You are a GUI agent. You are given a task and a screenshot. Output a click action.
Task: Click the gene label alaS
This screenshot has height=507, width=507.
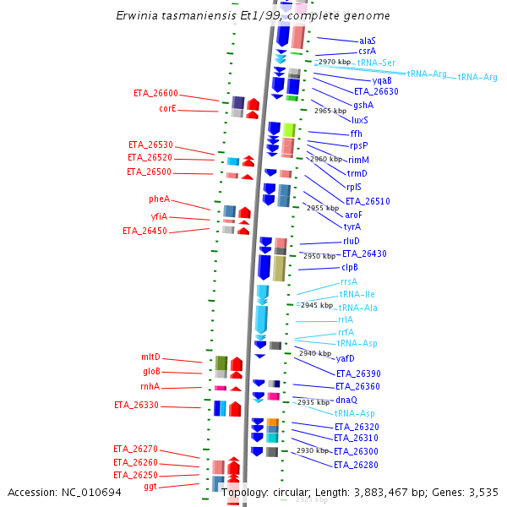(x=367, y=41)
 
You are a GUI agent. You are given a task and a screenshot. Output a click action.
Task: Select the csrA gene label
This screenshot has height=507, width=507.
(x=367, y=52)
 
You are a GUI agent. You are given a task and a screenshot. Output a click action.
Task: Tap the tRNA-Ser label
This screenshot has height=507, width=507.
(x=376, y=63)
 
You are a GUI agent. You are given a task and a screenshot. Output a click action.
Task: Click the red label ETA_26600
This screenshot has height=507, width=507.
(x=155, y=93)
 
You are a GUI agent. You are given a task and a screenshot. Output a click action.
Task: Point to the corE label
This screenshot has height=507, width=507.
(x=167, y=108)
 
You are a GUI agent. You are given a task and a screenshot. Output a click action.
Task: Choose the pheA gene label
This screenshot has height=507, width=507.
(x=159, y=199)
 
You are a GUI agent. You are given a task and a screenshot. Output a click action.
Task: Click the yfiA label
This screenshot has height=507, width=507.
(x=159, y=216)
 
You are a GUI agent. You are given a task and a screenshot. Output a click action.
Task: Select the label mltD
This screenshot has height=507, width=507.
(x=150, y=357)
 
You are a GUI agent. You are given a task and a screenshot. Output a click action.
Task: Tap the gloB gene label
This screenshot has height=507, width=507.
(x=151, y=372)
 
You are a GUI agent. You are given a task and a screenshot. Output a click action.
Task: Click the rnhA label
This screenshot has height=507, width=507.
(x=150, y=387)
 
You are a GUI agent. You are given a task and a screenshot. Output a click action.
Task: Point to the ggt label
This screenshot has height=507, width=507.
(x=150, y=487)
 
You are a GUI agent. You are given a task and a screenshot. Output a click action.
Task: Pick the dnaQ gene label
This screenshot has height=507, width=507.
(x=346, y=400)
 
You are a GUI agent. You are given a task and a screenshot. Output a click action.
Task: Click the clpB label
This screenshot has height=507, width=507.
(x=350, y=267)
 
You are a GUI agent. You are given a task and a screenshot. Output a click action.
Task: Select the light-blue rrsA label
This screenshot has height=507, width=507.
(x=348, y=281)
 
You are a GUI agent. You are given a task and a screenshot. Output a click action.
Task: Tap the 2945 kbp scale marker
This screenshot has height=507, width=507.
(x=317, y=305)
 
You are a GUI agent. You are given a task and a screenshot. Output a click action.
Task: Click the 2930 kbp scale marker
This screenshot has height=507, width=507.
(x=313, y=451)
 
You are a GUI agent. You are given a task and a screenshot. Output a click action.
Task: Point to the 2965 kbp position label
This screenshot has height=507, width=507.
(x=330, y=111)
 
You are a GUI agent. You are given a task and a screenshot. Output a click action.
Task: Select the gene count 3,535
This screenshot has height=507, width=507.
(x=482, y=492)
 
